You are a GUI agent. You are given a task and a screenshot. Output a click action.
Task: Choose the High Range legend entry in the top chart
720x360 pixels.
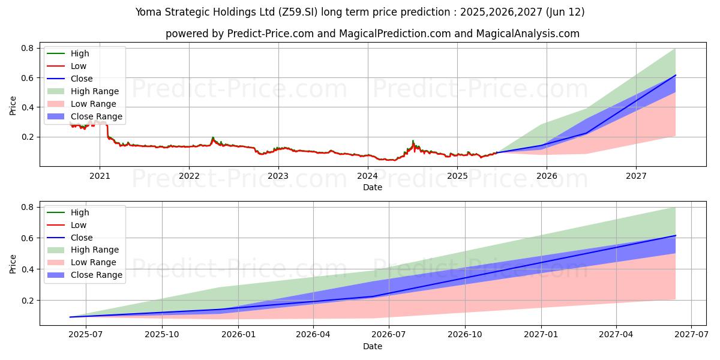point(95,91)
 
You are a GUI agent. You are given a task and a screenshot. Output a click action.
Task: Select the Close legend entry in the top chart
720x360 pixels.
point(82,79)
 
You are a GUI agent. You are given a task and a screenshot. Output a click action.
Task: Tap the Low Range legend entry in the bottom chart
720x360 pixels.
point(94,263)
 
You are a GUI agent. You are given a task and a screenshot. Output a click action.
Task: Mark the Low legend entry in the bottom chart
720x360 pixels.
point(79,225)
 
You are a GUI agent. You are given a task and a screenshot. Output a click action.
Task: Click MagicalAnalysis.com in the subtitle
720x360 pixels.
point(528,34)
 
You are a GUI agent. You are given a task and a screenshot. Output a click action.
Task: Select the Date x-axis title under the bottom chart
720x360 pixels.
point(372,346)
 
